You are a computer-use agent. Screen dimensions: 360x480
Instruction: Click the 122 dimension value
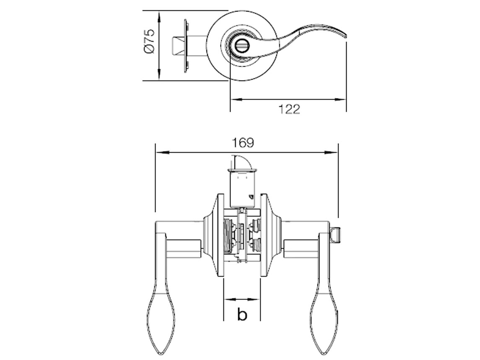(x=289, y=109)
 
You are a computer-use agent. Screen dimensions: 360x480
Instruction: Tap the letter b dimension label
(x=242, y=314)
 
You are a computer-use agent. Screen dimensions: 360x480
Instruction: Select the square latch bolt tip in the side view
(x=177, y=45)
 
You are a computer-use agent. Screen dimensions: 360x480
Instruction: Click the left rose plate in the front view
(x=216, y=235)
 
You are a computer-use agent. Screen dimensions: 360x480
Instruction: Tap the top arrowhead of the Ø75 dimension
(x=159, y=16)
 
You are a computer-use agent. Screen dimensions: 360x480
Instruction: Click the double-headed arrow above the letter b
(x=242, y=300)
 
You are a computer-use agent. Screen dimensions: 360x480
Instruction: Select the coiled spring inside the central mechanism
(x=229, y=237)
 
